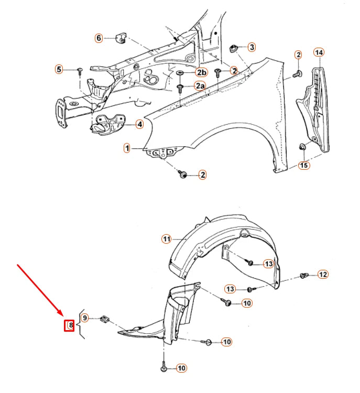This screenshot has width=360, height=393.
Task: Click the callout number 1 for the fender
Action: coord(127,149)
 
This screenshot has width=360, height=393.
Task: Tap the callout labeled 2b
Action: coord(201,72)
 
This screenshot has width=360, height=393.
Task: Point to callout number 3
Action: coord(252,47)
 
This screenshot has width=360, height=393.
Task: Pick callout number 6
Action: coord(99,38)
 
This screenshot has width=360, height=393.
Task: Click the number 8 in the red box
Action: coord(69,325)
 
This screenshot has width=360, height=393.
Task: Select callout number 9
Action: coord(85,318)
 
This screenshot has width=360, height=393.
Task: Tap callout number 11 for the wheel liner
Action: coord(166,239)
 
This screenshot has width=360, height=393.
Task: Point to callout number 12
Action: coord(323,274)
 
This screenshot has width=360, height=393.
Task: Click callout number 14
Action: coord(319,52)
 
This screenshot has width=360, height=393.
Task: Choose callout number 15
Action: coord(304,166)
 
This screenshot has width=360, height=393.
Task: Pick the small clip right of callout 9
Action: coord(104,318)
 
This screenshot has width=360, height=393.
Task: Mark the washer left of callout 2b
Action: coord(181,72)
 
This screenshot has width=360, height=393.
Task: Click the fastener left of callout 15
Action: coord(303,147)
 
